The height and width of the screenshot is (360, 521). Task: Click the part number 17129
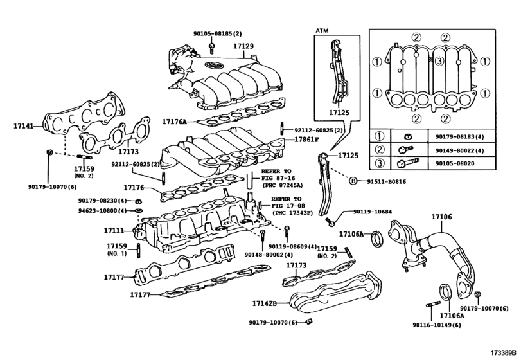243,46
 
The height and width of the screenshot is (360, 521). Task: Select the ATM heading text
322,30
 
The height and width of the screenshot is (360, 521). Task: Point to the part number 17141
24,127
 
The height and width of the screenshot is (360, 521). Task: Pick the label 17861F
307,139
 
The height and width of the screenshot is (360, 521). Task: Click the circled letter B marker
353,182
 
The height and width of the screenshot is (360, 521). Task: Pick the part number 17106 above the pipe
441,217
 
